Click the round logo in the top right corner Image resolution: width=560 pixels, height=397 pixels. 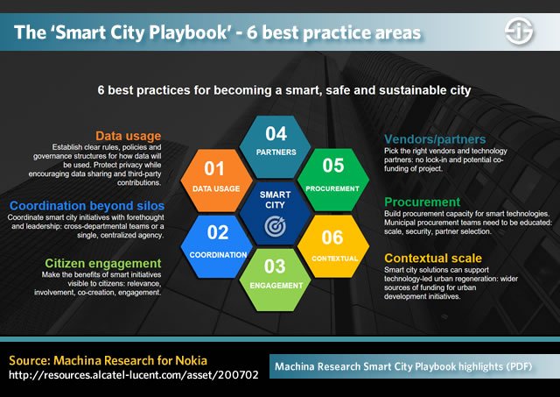(522, 33)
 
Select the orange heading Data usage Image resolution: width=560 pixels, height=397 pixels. (129, 136)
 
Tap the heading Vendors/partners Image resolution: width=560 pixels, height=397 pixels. (433, 138)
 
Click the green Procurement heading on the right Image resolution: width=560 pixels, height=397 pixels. (423, 201)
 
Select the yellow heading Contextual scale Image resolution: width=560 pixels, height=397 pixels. (433, 258)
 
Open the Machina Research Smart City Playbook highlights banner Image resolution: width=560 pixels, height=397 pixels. (418, 367)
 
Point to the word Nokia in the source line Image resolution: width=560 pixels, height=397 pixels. (197, 360)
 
